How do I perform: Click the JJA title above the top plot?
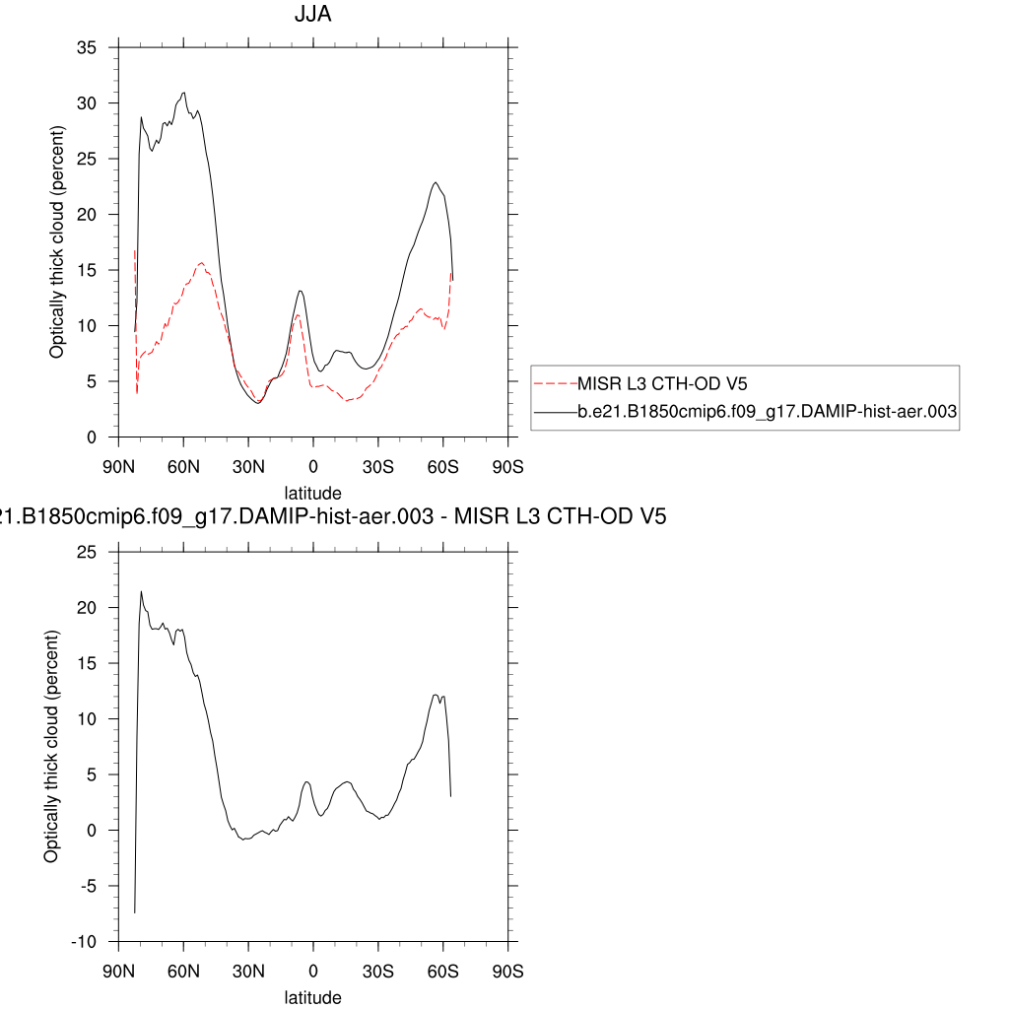[x=313, y=15]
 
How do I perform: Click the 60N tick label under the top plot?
[x=183, y=465]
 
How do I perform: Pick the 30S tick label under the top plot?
[x=378, y=465]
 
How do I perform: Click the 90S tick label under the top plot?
[x=507, y=465]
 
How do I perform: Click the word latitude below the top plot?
[x=313, y=493]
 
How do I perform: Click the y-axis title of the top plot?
[x=57, y=242]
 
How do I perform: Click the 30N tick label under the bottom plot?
[x=248, y=971]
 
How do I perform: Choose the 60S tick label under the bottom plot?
[x=443, y=971]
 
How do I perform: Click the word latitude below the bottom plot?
[x=313, y=997]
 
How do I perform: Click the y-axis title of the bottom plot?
[x=50, y=747]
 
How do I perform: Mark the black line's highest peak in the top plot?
[x=183, y=93]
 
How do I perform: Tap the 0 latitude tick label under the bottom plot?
[x=313, y=971]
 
